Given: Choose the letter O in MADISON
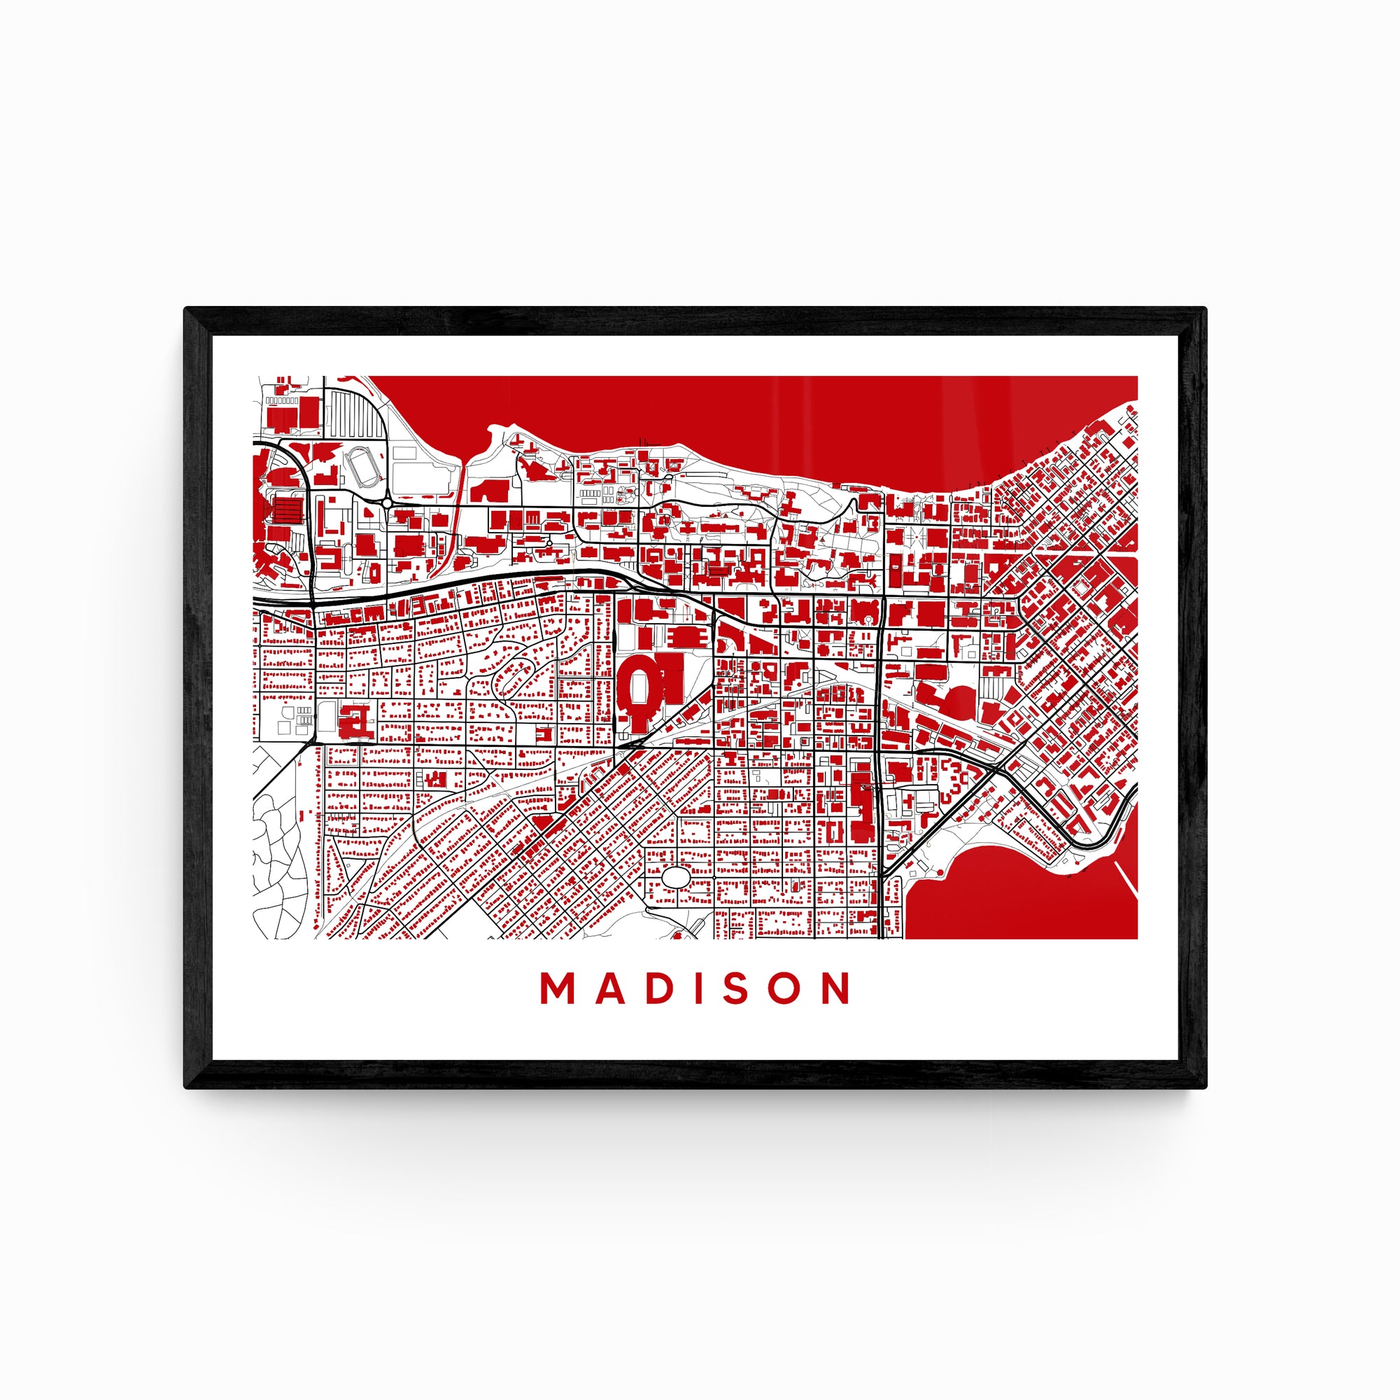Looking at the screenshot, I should (785, 988).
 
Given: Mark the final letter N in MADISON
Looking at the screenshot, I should (837, 988).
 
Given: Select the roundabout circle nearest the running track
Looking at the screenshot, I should (387, 502).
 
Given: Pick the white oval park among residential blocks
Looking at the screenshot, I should (677, 877).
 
